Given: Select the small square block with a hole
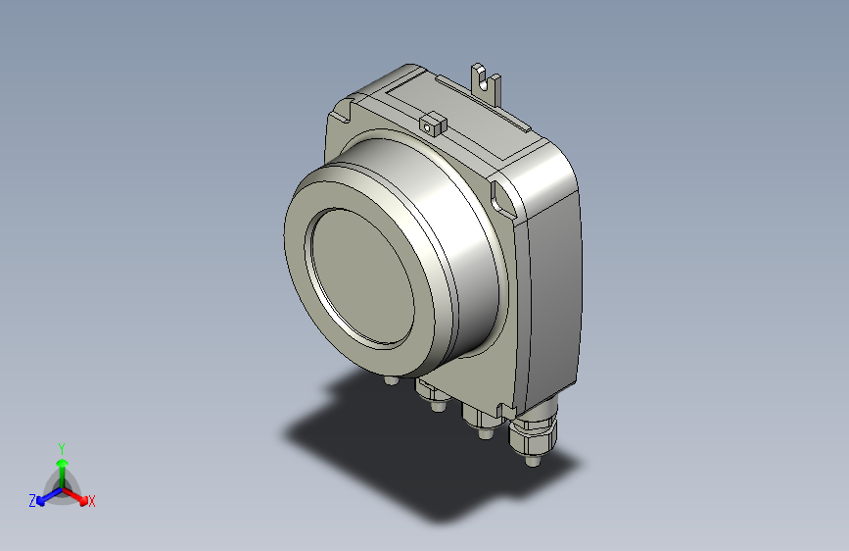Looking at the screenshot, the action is click(432, 124).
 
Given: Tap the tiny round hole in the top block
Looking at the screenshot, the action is click(427, 128).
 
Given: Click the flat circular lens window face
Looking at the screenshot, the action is click(361, 276).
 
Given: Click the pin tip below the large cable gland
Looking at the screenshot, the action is click(533, 461).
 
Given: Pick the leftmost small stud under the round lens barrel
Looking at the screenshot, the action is click(392, 380).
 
